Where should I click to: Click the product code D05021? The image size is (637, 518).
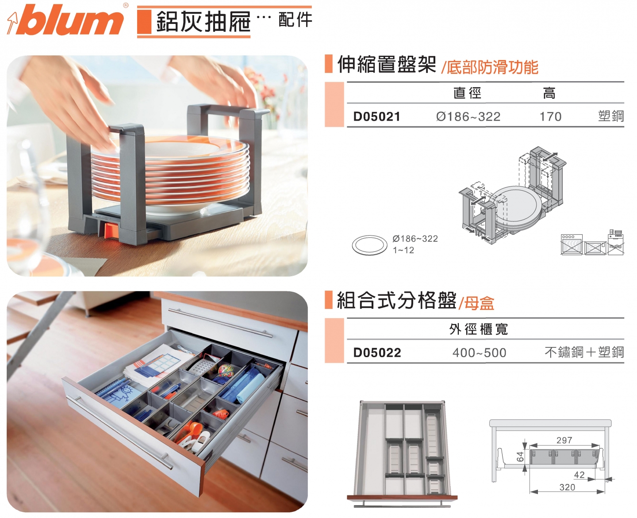click(x=377, y=117)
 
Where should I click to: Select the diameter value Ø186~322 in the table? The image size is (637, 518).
click(x=468, y=117)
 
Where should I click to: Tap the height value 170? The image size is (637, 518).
click(x=550, y=117)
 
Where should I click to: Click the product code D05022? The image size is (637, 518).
click(x=377, y=353)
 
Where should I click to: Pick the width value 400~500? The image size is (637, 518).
click(x=479, y=353)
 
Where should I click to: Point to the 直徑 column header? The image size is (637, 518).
click(x=467, y=93)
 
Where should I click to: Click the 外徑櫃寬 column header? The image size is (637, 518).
click(x=479, y=329)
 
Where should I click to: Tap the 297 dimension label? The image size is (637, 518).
click(x=564, y=440)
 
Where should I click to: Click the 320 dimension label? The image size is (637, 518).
click(x=567, y=487)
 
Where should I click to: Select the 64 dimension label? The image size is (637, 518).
click(x=521, y=457)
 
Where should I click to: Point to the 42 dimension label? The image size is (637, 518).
click(x=579, y=475)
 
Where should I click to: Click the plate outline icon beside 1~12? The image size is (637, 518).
click(x=370, y=245)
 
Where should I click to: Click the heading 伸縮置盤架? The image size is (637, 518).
click(x=387, y=65)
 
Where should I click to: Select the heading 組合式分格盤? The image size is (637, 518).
click(x=396, y=301)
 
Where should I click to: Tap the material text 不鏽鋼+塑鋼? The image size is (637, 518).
click(x=584, y=352)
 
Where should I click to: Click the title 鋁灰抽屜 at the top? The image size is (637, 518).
click(x=203, y=22)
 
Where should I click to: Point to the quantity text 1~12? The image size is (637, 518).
click(x=403, y=250)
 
